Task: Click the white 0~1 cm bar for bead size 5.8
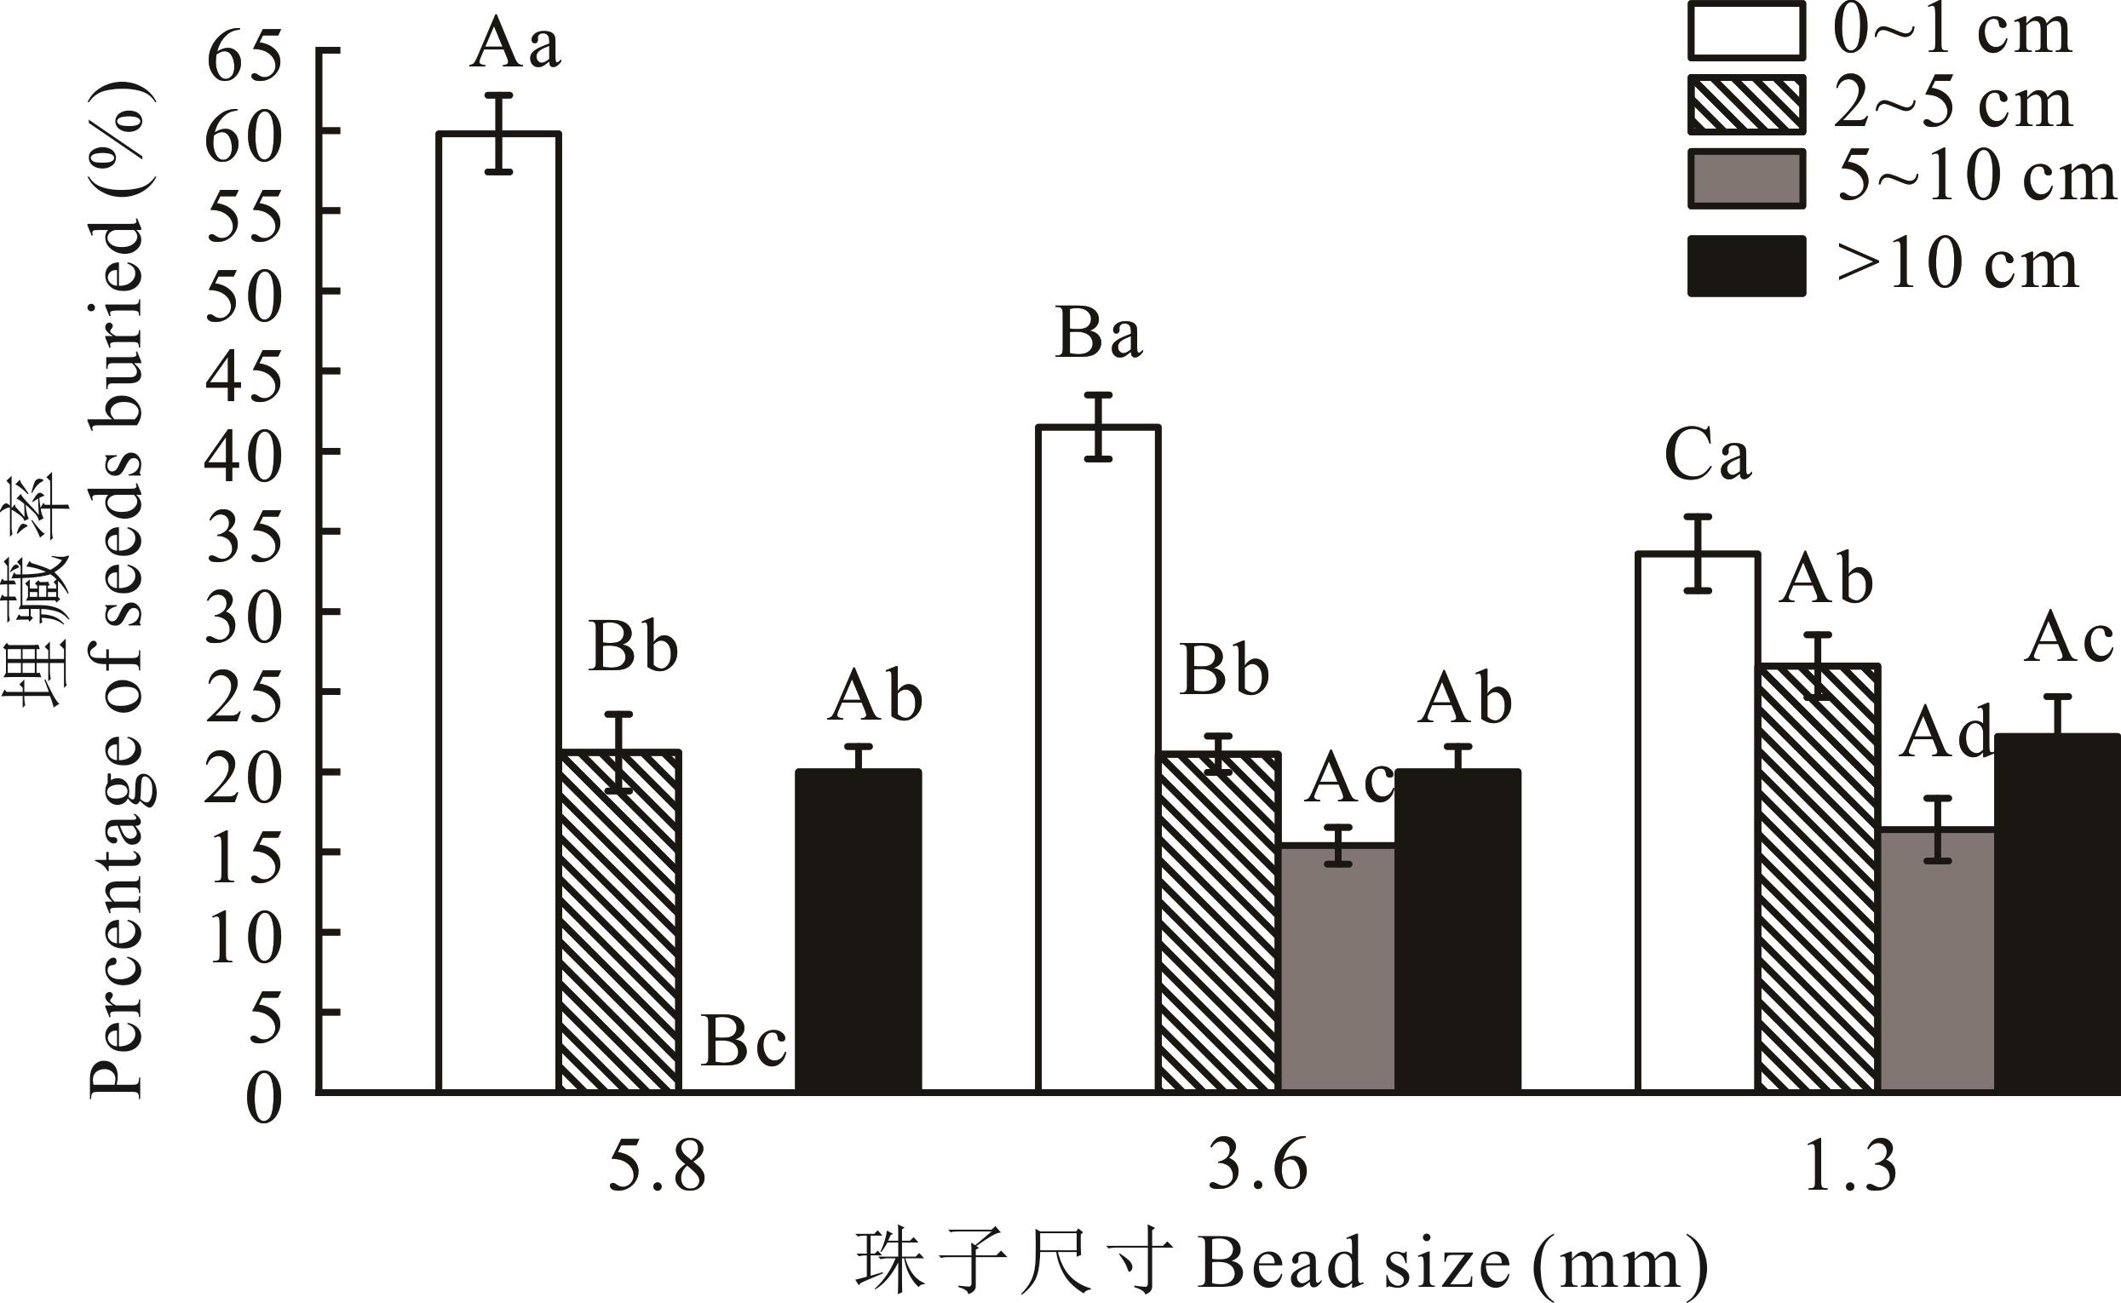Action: [x=499, y=611]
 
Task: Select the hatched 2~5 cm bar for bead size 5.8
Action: [x=619, y=922]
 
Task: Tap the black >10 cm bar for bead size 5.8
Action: [x=858, y=931]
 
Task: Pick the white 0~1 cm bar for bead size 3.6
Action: [x=1099, y=758]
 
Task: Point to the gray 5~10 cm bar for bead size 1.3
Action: [x=1937, y=961]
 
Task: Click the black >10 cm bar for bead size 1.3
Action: [x=2057, y=914]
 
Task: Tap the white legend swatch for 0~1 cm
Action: [x=1746, y=31]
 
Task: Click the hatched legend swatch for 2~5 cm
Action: [x=1746, y=105]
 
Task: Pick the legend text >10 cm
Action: [x=1957, y=265]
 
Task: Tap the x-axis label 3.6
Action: [x=1257, y=1168]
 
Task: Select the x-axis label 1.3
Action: [x=1850, y=1168]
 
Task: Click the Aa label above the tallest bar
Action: [x=515, y=45]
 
